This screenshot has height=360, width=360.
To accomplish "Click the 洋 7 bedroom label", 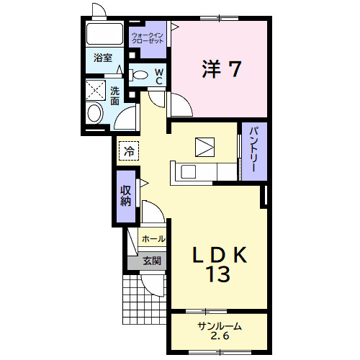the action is click(221, 68).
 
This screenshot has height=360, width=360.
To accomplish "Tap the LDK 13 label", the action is click(220, 264).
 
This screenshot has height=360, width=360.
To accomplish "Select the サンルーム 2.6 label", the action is click(220, 331).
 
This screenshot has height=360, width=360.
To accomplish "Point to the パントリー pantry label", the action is click(254, 150).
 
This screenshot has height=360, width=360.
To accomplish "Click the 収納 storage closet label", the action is click(126, 196).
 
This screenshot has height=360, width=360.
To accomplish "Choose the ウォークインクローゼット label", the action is click(148, 38).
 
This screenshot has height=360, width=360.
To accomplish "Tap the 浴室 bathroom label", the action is click(103, 58).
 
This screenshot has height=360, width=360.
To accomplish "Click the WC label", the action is click(158, 76).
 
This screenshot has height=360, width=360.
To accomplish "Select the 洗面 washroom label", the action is click(114, 96).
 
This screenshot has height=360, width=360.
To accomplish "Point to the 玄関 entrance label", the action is click(152, 261).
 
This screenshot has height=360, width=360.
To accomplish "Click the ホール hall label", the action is click(153, 239).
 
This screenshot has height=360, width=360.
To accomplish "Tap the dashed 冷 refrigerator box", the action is click(129, 150).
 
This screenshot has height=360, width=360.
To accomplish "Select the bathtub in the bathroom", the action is click(104, 34).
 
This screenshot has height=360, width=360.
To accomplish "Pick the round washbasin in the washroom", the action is click(95, 113).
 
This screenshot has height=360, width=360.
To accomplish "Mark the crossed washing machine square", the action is click(96, 90).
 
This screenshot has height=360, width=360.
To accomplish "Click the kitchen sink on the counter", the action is click(188, 171).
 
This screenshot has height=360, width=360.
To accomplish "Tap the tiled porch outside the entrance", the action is click(144, 300).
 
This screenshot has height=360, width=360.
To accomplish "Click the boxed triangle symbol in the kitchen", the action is click(204, 147).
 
